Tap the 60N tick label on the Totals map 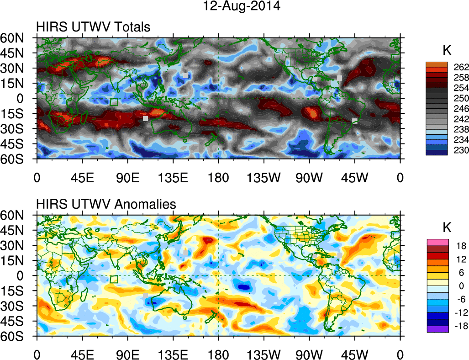click(x=16, y=38)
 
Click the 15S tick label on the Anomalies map click(x=16, y=291)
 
